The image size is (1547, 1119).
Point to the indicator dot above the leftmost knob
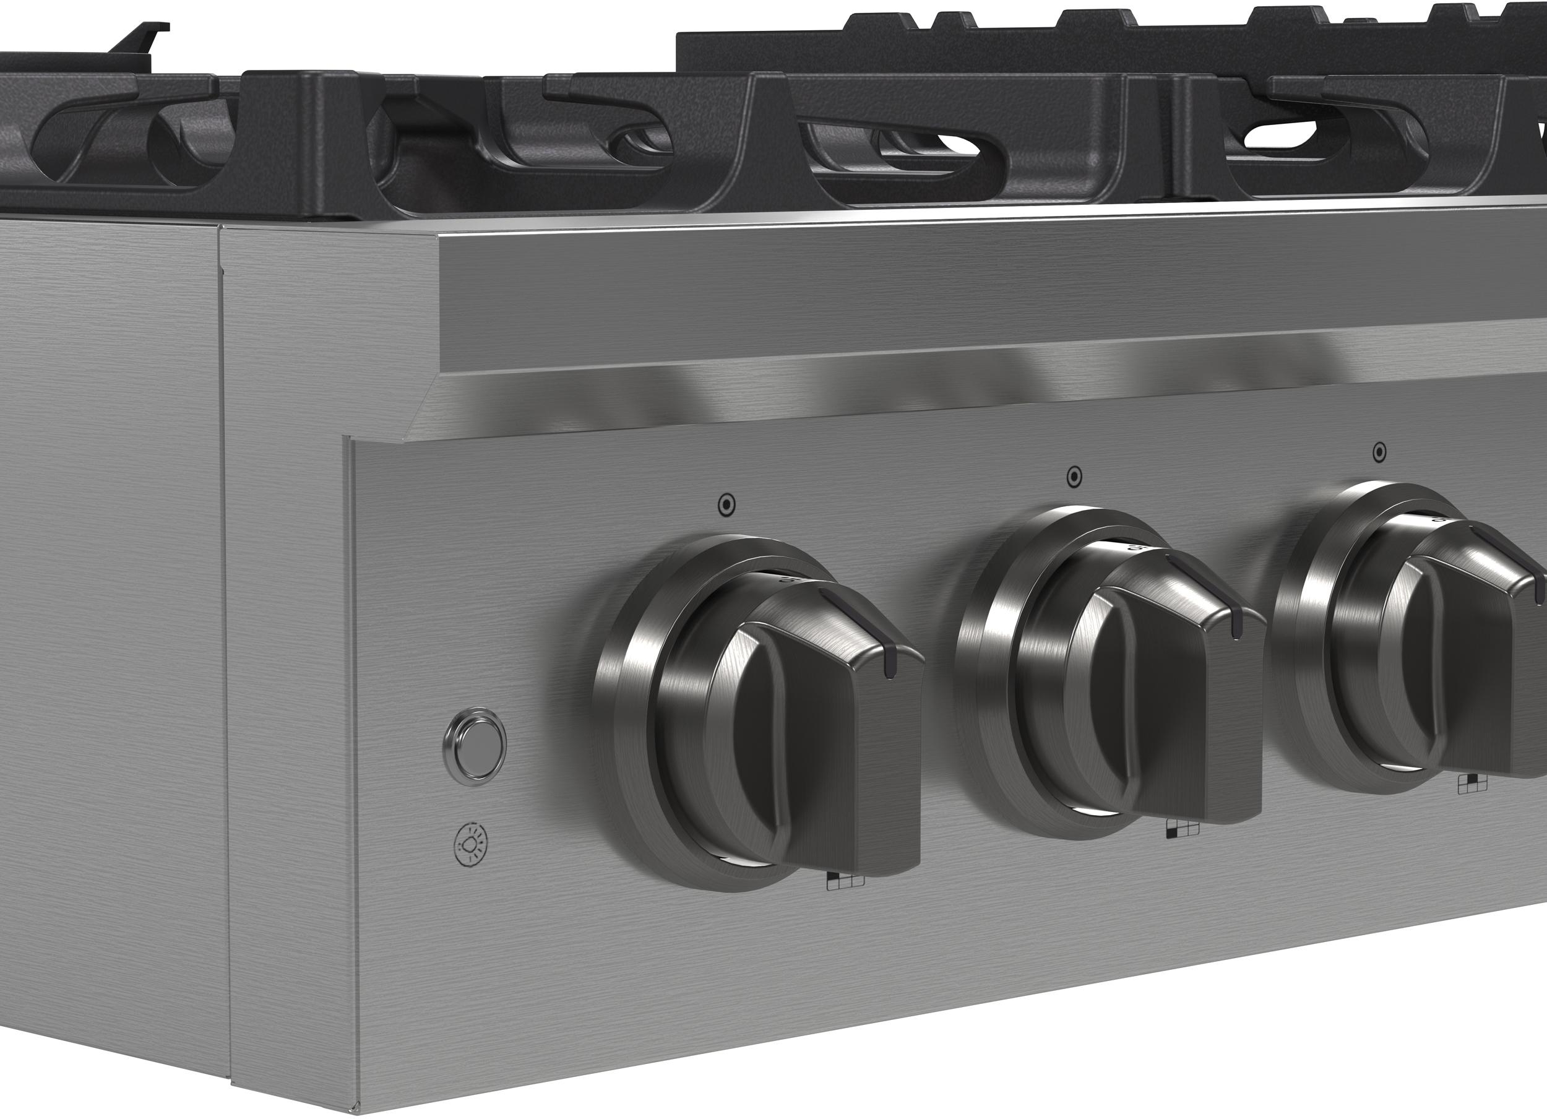(726, 505)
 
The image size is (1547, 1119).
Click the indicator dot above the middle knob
(1074, 477)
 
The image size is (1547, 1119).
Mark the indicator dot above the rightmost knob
(1379, 452)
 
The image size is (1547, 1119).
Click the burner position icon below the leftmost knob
(845, 881)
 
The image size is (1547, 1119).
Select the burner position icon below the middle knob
(1183, 828)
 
